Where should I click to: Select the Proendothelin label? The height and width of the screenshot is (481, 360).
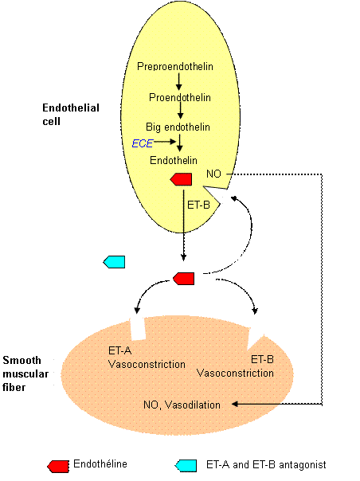178,97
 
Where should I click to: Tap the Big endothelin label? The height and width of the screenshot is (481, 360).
178,127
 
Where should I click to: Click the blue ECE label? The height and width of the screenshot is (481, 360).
143,143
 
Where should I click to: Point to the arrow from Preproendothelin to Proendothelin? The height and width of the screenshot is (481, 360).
179,81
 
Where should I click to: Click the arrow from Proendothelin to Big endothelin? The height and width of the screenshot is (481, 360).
179,112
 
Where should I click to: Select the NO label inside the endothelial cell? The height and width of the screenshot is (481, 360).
213,174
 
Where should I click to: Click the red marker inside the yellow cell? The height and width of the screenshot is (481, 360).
182,179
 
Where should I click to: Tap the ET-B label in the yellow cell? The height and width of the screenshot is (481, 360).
198,205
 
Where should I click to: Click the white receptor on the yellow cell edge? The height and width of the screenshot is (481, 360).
219,194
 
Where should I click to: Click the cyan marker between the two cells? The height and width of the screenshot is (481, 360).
115,262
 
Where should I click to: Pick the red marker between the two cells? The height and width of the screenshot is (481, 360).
184,278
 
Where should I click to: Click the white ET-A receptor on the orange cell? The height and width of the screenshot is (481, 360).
136,322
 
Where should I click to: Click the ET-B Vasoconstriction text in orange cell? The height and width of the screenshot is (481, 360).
235,366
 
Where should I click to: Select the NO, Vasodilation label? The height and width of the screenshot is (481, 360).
180,404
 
